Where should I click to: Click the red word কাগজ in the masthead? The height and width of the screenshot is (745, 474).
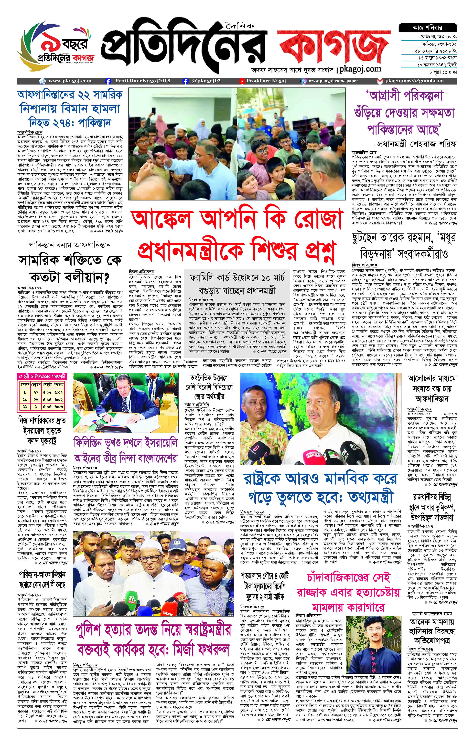pyautogui.click(x=333, y=46)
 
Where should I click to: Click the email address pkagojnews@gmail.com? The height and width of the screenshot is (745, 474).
pyautogui.click(x=414, y=81)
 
